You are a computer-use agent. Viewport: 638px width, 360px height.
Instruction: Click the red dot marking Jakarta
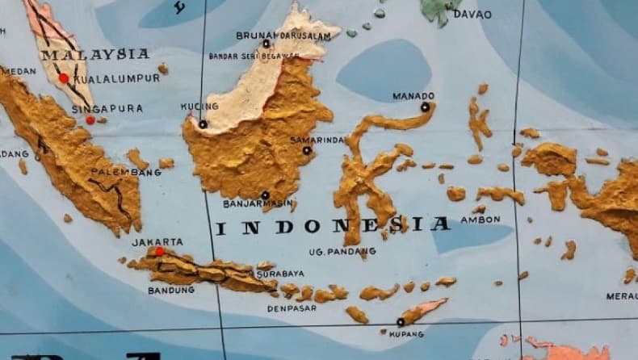coord(160,252)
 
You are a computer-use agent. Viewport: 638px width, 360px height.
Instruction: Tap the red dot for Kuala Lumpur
coord(64,78)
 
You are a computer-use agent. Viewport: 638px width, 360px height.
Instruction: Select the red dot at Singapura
coord(90,120)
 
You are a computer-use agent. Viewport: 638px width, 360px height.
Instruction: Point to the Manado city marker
coord(425,107)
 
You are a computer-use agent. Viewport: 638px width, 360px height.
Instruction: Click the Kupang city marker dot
coord(400,322)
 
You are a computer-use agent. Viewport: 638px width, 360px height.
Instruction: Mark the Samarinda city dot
coord(307,150)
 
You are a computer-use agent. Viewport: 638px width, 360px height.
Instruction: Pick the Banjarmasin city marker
coord(265,195)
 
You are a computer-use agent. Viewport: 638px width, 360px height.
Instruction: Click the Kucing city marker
coord(203,124)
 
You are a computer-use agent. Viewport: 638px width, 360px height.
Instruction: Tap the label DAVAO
coord(472,14)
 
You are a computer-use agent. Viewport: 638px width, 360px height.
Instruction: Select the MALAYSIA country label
coord(95,54)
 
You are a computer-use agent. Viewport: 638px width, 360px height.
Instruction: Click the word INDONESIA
coord(333,225)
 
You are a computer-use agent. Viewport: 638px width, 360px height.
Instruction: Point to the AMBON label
coord(481,219)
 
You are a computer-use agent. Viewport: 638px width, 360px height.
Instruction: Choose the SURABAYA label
coord(280,274)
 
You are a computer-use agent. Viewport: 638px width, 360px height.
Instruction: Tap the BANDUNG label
coord(171,290)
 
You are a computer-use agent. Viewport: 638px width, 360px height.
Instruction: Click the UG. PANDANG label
coord(342,252)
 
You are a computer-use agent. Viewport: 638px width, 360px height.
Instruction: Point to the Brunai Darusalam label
coord(283,36)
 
